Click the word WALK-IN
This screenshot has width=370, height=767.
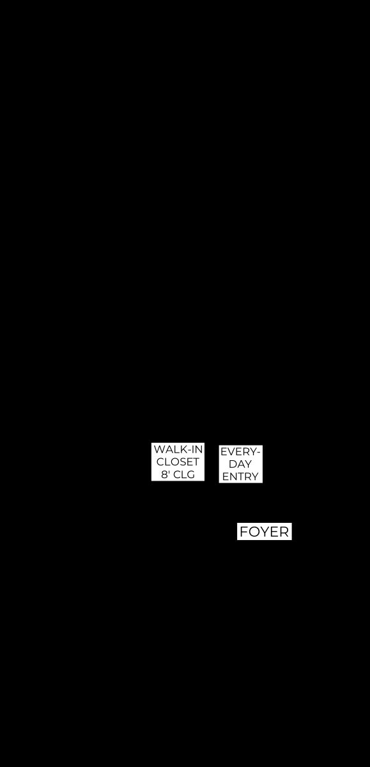(x=178, y=449)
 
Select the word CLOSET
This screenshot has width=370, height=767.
(x=178, y=462)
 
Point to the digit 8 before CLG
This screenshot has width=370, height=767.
(x=164, y=474)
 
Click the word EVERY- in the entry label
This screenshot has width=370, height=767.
(x=241, y=452)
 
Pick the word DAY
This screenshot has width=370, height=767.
(x=240, y=464)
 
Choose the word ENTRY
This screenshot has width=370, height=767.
(x=240, y=477)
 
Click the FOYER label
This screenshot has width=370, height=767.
(x=264, y=532)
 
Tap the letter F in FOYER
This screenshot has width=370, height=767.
(x=243, y=532)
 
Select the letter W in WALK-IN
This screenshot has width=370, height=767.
(x=158, y=449)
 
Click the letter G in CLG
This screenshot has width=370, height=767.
(x=190, y=474)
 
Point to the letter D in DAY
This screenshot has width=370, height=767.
(x=233, y=464)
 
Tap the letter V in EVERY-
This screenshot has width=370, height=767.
(x=231, y=452)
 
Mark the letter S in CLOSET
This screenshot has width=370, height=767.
(x=182, y=462)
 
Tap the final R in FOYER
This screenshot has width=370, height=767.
(x=285, y=532)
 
